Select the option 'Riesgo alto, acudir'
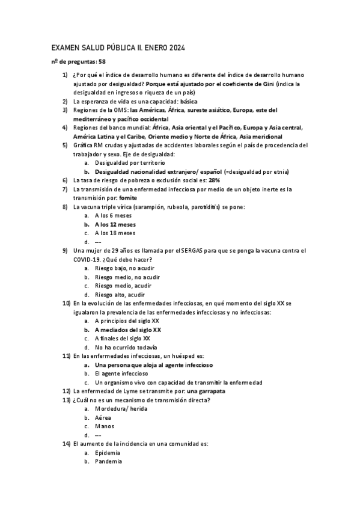coord(120,295)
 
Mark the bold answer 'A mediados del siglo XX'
coord(128,330)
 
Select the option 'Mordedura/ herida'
coord(121,409)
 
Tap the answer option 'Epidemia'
coord(108,453)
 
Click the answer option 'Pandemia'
coord(108,462)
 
